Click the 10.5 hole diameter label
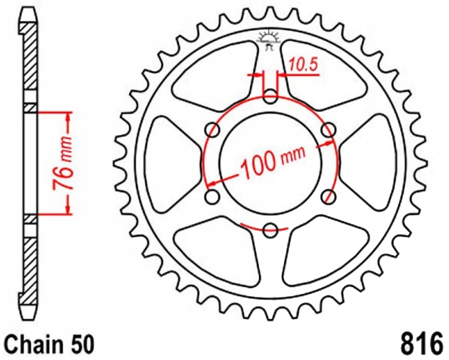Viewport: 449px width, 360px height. click(303, 65)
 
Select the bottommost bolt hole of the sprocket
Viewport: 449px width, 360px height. click(270, 230)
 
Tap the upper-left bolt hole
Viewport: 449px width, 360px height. click(212, 130)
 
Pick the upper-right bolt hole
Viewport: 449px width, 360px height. click(328, 130)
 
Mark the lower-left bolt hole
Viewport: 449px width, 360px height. click(211, 197)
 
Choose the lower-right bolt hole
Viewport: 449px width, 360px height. click(328, 197)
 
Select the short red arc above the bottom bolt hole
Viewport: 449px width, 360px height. click(264, 227)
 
